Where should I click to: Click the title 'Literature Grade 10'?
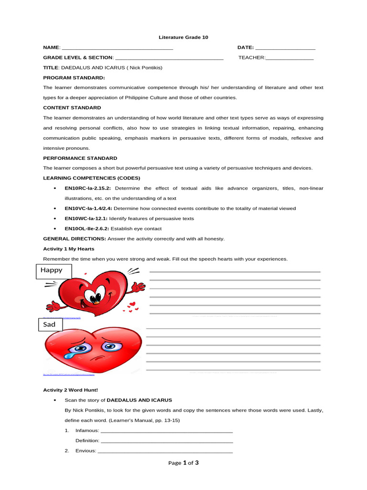183,37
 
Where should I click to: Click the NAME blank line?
117,48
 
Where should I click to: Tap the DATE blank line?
285,48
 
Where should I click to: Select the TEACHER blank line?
290,58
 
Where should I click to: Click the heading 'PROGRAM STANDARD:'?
74,78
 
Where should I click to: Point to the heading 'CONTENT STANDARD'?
72,108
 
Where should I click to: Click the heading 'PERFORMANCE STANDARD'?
80,158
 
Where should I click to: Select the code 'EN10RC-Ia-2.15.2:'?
88,188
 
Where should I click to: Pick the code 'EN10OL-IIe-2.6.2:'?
87,228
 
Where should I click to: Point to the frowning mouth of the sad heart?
96,358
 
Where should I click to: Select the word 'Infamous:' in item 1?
87,431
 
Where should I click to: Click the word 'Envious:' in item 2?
86,451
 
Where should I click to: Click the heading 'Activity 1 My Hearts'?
69,249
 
